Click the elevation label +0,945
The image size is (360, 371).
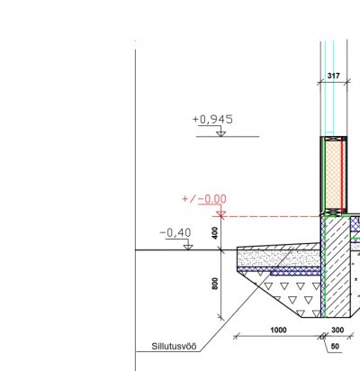tap(212, 120)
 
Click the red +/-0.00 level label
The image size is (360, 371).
tap(204, 199)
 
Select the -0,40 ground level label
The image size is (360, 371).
tap(175, 232)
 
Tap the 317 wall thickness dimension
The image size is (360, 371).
tap(334, 76)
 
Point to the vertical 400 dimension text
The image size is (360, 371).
tap(215, 233)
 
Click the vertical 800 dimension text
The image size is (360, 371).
tap(215, 284)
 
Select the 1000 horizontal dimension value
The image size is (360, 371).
tap(278, 330)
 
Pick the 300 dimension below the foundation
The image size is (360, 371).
tap(337, 330)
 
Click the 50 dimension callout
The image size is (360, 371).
tap(335, 347)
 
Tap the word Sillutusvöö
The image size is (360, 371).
tap(174, 346)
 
